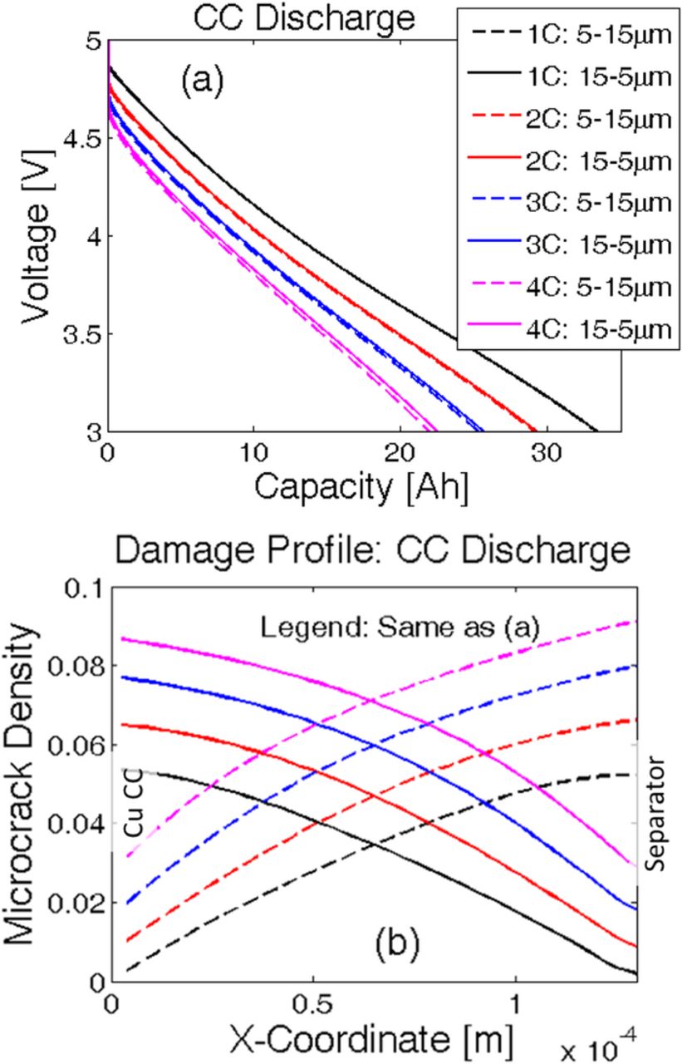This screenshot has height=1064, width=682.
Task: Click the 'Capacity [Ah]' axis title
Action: (x=361, y=488)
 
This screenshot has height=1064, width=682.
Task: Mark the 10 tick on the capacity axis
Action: (x=254, y=452)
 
